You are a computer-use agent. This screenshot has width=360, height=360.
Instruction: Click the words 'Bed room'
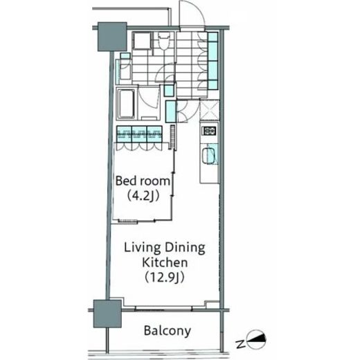coord(143,181)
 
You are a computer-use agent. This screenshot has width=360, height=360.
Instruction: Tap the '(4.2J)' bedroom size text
coord(143,196)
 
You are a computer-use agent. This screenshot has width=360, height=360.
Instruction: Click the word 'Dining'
coord(185,248)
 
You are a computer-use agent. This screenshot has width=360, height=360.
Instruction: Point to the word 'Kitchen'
coord(165,262)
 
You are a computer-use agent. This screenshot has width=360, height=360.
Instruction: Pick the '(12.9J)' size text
coord(165,278)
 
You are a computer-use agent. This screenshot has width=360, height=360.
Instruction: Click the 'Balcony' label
coord(168,331)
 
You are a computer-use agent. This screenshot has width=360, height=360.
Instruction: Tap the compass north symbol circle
coord(256,339)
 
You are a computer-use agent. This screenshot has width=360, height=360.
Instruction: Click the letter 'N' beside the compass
coord(240,344)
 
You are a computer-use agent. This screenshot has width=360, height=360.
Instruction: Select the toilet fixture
coord(164,41)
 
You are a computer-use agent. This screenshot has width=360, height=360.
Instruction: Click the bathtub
coord(126,104)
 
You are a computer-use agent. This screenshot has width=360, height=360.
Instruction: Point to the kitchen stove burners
coord(209,131)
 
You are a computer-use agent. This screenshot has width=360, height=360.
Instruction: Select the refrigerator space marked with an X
coord(209,109)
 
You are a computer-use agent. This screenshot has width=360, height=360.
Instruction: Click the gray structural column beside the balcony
coord(107,314)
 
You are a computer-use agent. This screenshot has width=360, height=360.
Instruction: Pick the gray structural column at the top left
coord(112,37)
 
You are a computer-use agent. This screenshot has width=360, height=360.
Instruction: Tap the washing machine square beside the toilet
coord(142,41)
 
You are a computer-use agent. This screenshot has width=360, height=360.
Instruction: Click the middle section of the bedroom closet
coord(139,134)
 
